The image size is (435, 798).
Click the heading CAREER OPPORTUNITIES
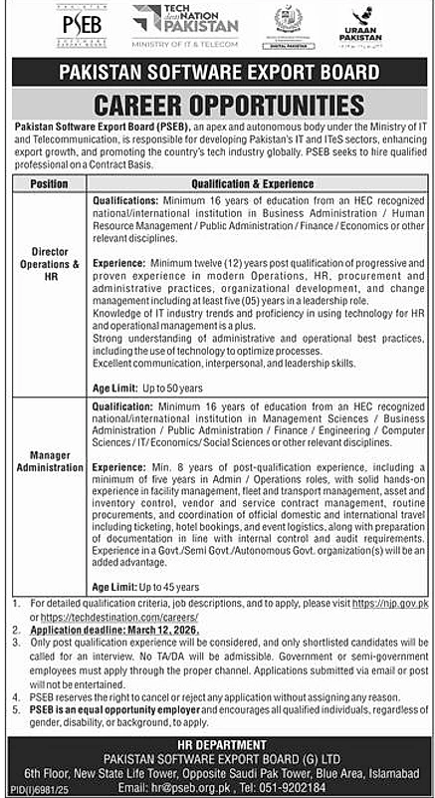(x=218, y=105)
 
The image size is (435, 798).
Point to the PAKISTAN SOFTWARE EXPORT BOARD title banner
(x=218, y=73)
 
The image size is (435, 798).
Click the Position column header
(x=50, y=183)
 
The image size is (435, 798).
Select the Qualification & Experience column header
(x=259, y=183)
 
